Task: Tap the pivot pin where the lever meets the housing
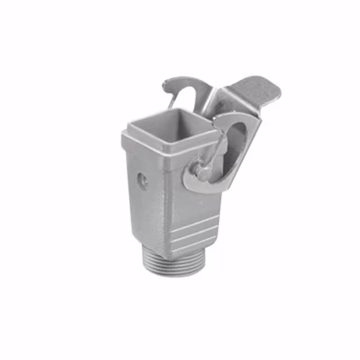[x=199, y=169]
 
